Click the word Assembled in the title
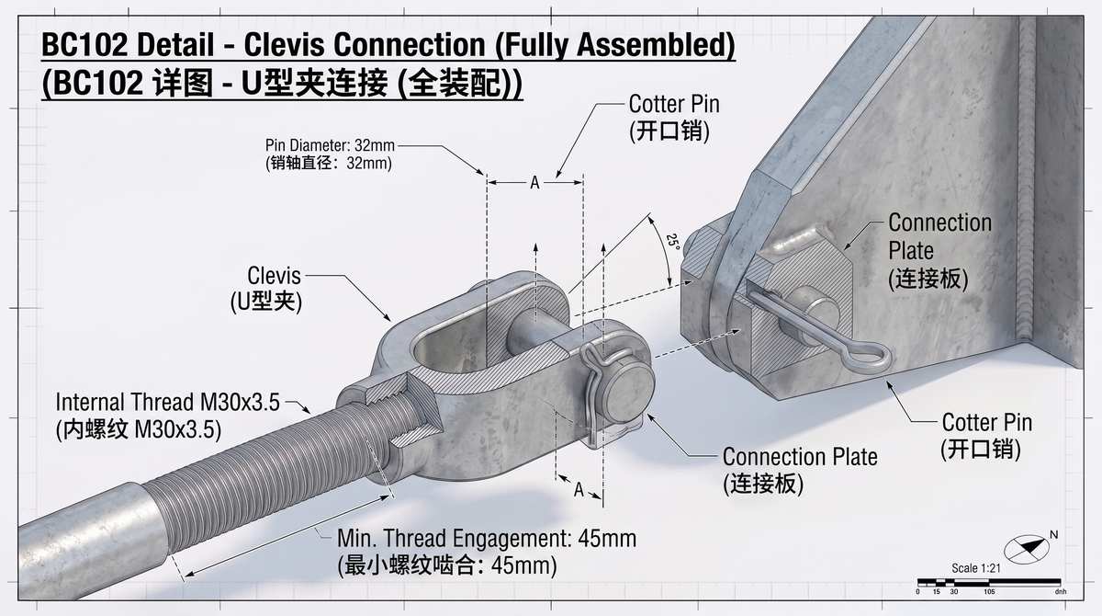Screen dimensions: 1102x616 point(656,45)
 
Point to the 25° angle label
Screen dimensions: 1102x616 point(673,243)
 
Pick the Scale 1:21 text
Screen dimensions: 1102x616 point(976,568)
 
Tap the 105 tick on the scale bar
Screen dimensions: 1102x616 point(989,591)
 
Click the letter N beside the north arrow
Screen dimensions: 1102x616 point(1054,535)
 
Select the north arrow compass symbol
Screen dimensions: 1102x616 point(1027,549)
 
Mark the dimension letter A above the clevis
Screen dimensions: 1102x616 point(534,183)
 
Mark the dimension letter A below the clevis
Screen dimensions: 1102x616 point(579,490)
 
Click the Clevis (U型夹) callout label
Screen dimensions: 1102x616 point(266,289)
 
